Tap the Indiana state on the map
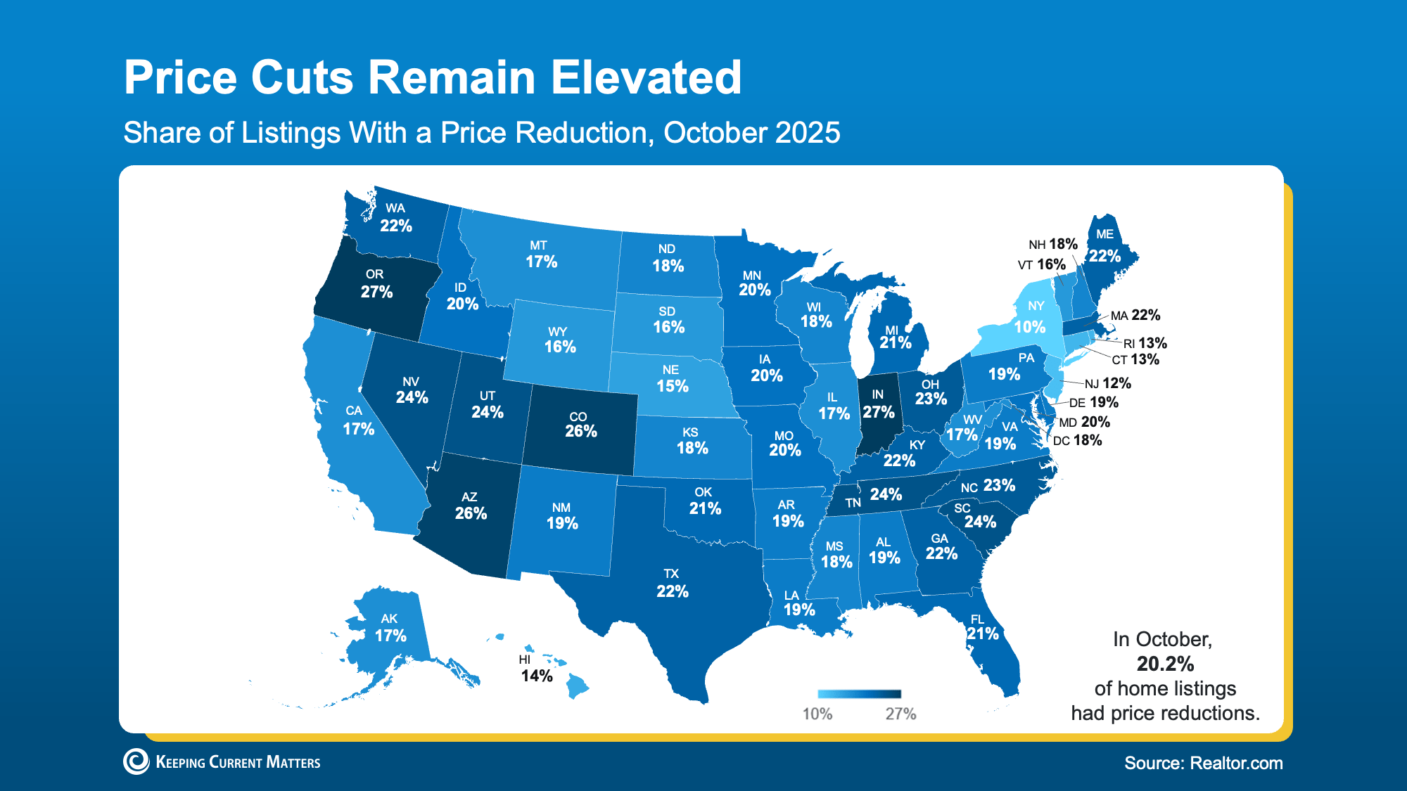(879, 422)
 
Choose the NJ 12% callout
(1107, 383)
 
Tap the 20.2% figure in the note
(1165, 664)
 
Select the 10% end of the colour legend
(817, 714)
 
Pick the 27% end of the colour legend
(900, 714)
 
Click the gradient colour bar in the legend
(859, 694)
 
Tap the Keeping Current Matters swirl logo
(136, 761)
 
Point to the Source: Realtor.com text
(1203, 763)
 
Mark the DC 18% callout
(1077, 441)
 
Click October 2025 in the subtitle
(751, 133)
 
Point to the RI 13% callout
(1145, 343)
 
